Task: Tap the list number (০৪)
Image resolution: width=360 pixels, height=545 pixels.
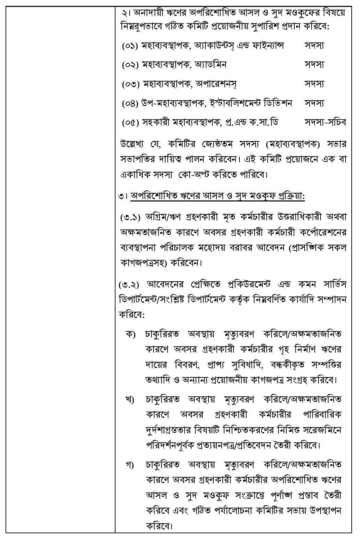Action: (x=130, y=103)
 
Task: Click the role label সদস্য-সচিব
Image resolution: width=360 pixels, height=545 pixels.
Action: (x=325, y=122)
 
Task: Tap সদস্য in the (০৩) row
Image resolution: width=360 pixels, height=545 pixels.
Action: (x=314, y=84)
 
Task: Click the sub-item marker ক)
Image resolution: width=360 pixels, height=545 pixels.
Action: (x=130, y=335)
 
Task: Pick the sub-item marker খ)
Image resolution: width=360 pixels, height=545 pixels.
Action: (x=130, y=400)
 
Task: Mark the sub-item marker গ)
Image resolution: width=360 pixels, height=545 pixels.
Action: (x=130, y=464)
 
